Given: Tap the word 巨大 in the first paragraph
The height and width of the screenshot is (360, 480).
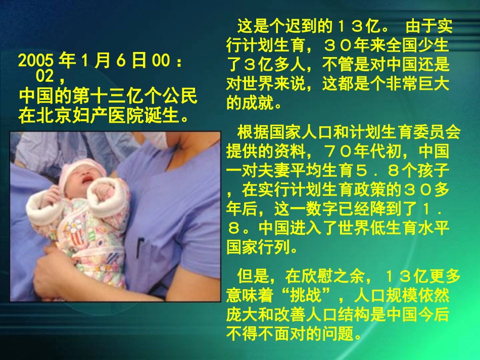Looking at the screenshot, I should [435, 85].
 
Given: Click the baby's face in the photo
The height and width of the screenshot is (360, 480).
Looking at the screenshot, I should [84, 177].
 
